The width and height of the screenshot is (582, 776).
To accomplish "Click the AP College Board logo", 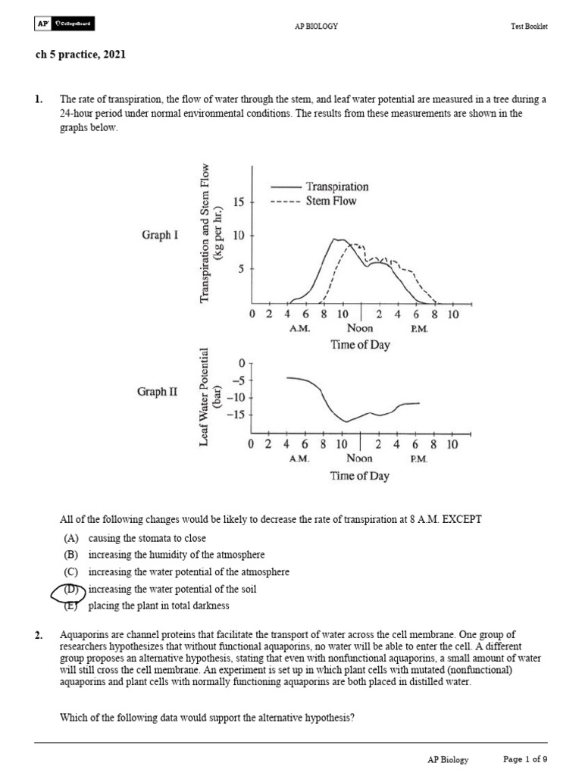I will pos(65,25).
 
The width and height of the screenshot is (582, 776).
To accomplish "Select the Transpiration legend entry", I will pos(336,186).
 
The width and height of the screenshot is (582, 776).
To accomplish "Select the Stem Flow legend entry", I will pos(330,201).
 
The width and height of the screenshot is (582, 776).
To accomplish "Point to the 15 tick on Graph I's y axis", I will pos(239,202).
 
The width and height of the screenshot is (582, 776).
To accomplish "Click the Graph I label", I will pos(160,235).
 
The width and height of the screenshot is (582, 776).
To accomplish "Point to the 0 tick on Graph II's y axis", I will pos(242,364).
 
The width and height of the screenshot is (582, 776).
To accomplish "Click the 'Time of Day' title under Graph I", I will pos(360,345).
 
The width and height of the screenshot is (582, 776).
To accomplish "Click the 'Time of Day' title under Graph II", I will pos(360,476).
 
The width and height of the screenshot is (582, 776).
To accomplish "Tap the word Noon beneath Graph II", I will pos(359,458).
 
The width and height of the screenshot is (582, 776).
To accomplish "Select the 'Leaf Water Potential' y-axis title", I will pos(203,397).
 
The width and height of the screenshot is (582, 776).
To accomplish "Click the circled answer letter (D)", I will pos(71,590).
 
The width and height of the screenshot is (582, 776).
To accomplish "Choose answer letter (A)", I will pos(71,538).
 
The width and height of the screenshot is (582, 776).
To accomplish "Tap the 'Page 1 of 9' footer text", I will pos(525,759).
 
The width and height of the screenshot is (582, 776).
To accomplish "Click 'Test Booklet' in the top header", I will pos(529,26).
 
